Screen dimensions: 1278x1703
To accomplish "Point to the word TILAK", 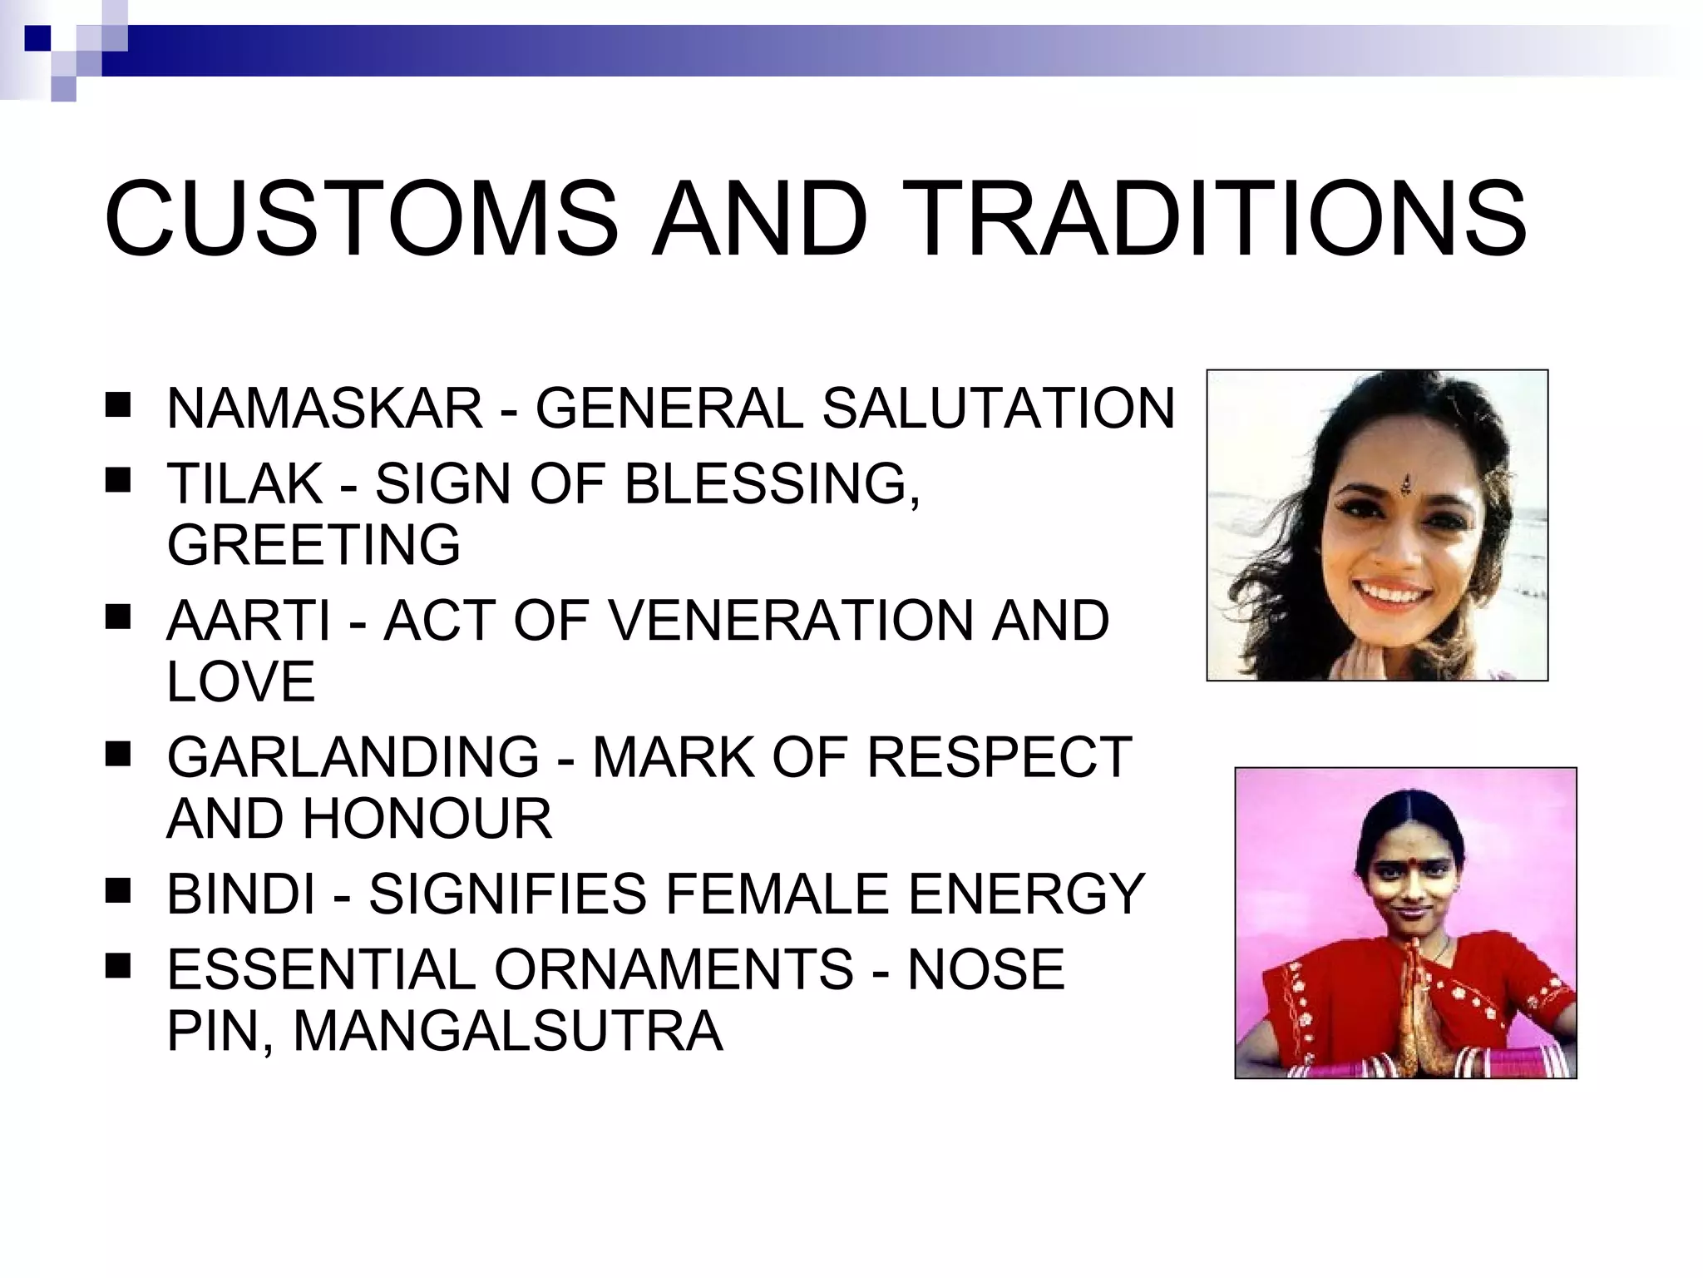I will pos(244,483).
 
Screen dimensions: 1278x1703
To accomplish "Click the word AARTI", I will pos(249,621).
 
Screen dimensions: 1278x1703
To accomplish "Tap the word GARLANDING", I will pos(353,757).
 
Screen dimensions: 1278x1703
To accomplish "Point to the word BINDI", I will pos(241,894).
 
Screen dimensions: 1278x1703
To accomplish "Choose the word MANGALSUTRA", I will pos(508,1032).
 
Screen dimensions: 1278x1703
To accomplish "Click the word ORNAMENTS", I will pos(674,969).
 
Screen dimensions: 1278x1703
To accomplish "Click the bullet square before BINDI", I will pos(117,892).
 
